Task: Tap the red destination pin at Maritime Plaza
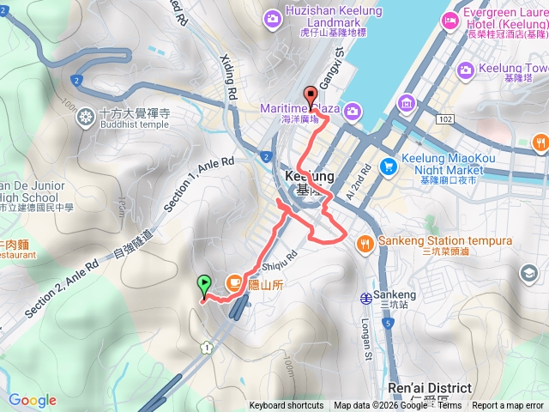pyautogui.click(x=311, y=95)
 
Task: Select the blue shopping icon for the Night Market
pyautogui.click(x=389, y=165)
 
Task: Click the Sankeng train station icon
pyautogui.click(x=367, y=298)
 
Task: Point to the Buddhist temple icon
pyautogui.click(x=85, y=117)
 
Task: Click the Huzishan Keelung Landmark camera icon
pyautogui.click(x=272, y=17)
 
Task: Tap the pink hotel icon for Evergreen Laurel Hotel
pyautogui.click(x=449, y=22)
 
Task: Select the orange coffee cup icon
pyautogui.click(x=232, y=282)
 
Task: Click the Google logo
pyautogui.click(x=33, y=400)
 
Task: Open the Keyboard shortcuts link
pyautogui.click(x=287, y=406)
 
